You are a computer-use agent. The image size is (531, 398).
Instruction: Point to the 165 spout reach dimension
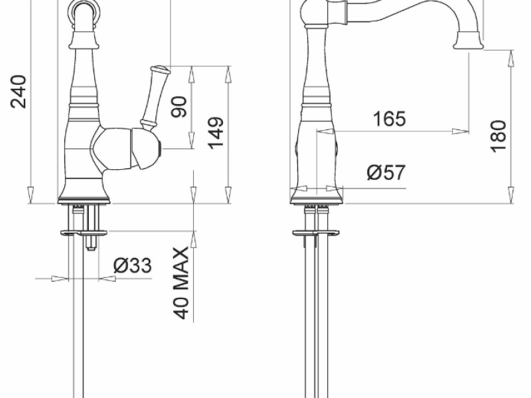389,119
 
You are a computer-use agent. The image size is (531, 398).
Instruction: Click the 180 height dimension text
499,136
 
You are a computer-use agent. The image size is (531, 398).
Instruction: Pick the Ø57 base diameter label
386,173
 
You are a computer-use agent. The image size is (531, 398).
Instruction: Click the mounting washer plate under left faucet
84,232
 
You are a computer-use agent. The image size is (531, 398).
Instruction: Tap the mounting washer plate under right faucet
317,232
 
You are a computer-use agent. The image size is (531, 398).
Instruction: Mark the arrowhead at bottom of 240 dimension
31,196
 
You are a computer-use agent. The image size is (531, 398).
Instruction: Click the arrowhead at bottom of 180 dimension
512,196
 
